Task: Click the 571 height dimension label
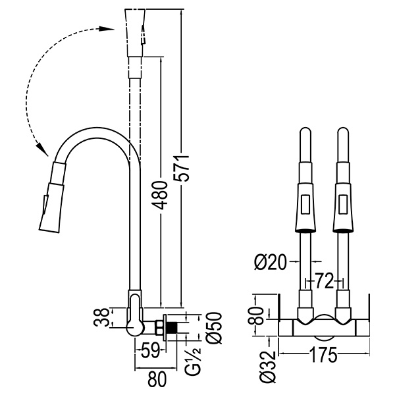pyautogui.click(x=186, y=169)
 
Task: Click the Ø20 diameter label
pyautogui.click(x=271, y=263)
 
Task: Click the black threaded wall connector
pyautogui.click(x=172, y=327)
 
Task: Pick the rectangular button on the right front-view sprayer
pyautogui.click(x=342, y=205)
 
